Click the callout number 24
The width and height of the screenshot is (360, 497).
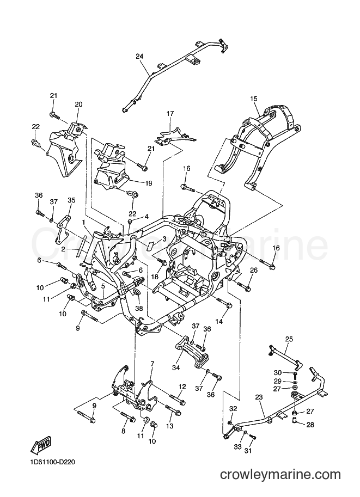pyautogui.click(x=139, y=57)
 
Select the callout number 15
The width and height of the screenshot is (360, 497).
pyautogui.click(x=254, y=99)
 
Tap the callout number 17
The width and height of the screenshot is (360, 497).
pyautogui.click(x=170, y=113)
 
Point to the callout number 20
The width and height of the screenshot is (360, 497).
pyautogui.click(x=78, y=105)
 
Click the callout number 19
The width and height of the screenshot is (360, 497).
pyautogui.click(x=148, y=183)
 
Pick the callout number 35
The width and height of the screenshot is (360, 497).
pyautogui.click(x=71, y=200)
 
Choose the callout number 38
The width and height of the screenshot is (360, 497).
pyautogui.click(x=139, y=308)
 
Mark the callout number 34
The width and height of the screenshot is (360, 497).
pyautogui.click(x=176, y=367)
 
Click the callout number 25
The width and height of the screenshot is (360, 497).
pyautogui.click(x=289, y=339)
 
